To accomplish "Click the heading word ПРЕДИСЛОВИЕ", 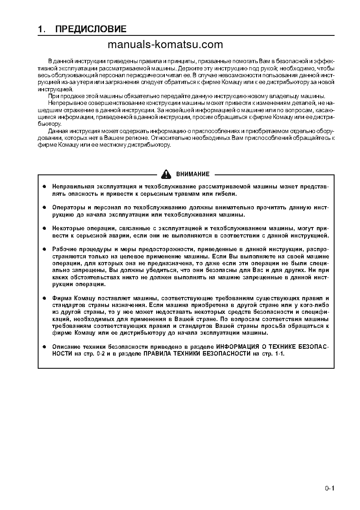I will click(x=90, y=30).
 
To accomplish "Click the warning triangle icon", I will click(x=166, y=174).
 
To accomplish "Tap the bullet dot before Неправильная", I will click(x=44, y=187).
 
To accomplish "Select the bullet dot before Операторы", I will click(x=44, y=207).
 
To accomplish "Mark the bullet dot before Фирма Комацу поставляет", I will click(x=44, y=298).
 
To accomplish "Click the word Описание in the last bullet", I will click(x=66, y=347).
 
